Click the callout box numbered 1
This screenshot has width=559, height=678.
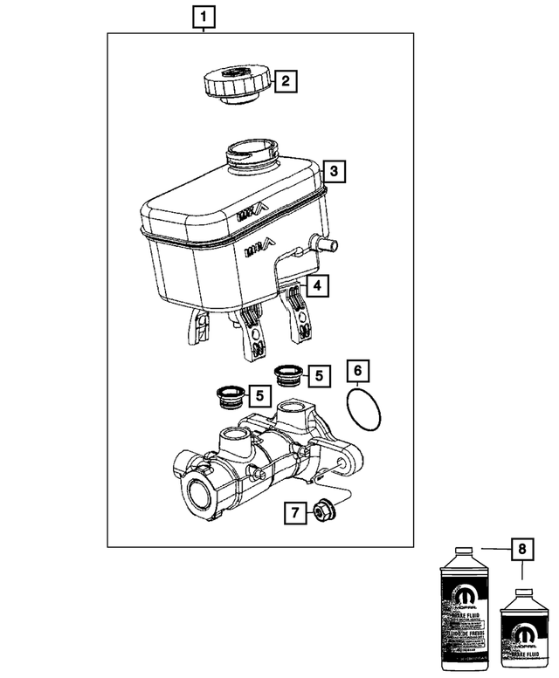[x=202, y=16]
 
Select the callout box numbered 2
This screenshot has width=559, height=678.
[x=286, y=83]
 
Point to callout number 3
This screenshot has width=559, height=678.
[x=333, y=170]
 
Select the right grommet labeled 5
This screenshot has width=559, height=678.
[x=287, y=377]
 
